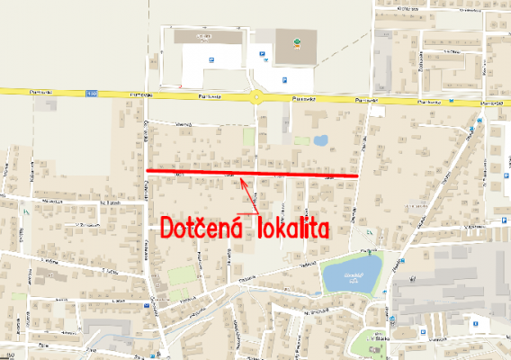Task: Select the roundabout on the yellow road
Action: coord(259,99)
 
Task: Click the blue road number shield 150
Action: coord(91,93)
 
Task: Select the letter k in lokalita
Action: coord(281,226)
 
